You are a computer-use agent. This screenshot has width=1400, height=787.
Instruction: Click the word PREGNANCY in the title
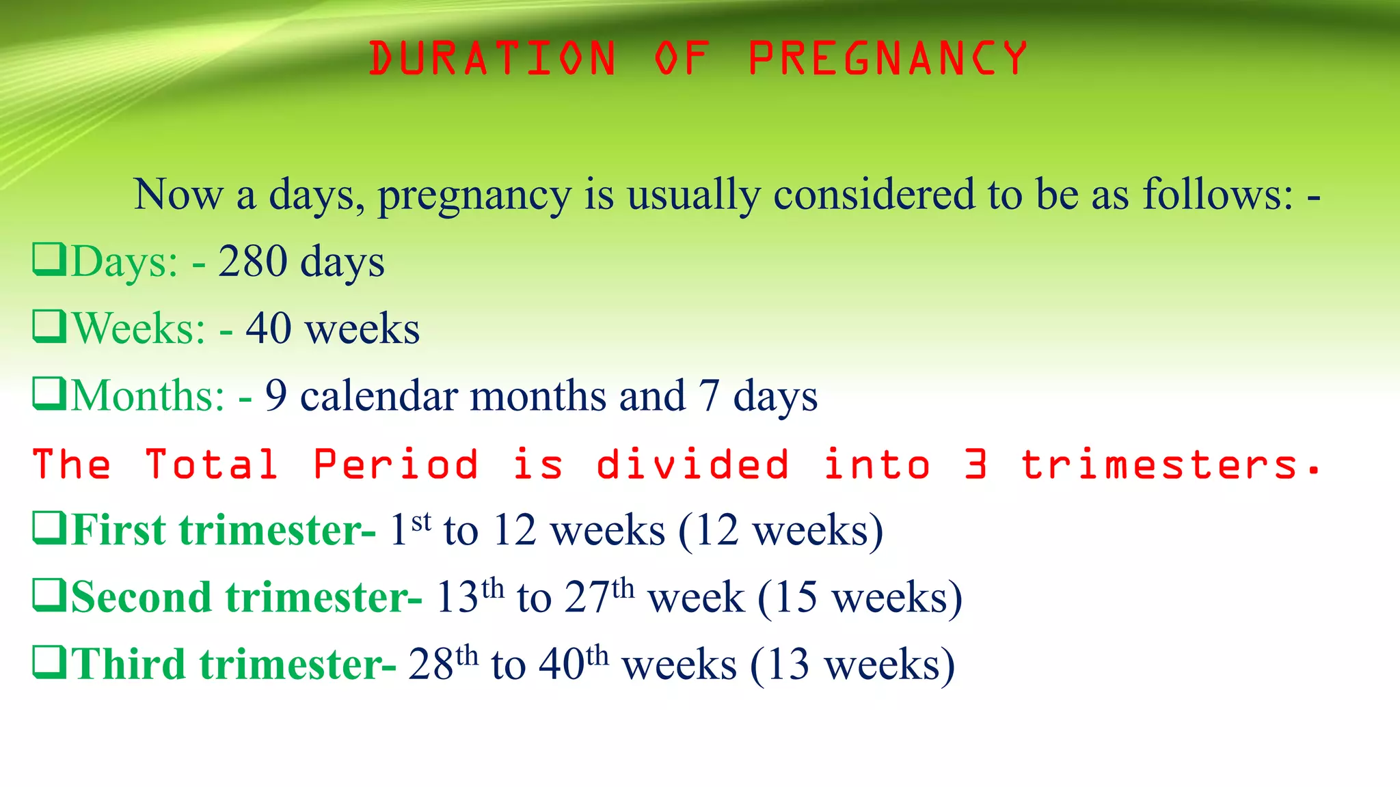pos(887,58)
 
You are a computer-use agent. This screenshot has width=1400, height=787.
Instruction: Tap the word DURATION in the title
pos(492,58)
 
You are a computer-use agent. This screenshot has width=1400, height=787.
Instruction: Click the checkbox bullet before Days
pos(50,260)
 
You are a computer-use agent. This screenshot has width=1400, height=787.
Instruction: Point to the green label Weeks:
pos(139,329)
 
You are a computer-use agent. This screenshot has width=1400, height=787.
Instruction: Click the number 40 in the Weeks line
pos(269,329)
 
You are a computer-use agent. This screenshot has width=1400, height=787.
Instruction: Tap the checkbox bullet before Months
pos(50,393)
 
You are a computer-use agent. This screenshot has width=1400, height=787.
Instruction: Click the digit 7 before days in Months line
pos(709,396)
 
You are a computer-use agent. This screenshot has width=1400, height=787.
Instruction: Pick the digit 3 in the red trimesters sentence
pos(975,465)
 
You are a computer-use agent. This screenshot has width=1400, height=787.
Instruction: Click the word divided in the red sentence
pos(692,465)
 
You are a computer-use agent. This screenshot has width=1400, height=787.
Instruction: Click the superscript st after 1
pos(421,521)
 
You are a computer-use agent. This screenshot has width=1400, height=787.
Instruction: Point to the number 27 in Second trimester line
pos(587,597)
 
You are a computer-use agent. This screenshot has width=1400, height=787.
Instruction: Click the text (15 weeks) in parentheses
pos(859,597)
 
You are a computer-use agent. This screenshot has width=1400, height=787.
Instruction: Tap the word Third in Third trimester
pos(129,664)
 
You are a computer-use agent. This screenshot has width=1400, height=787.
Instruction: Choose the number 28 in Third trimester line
pos(431,664)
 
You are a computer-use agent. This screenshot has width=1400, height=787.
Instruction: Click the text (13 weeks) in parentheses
pos(852,664)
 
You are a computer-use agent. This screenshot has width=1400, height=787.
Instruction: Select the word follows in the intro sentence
pos(1218,195)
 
